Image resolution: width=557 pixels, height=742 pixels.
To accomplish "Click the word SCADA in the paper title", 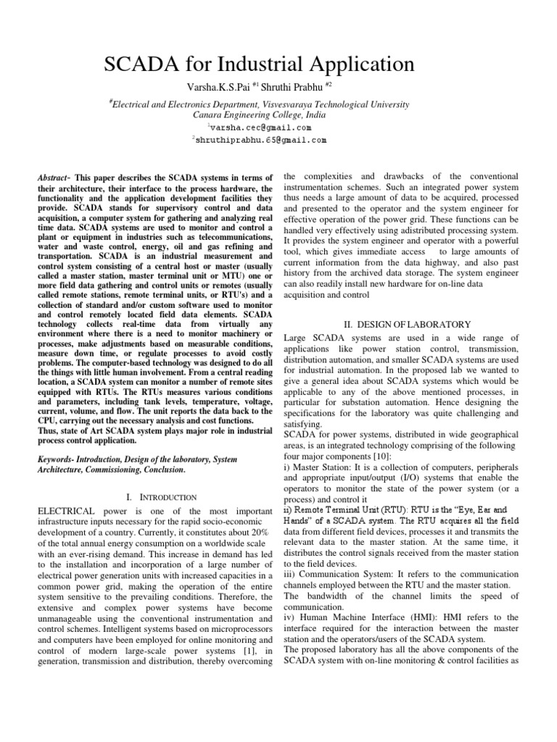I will click(144, 64).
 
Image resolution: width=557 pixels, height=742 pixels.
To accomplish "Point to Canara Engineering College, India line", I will click(260, 114).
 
